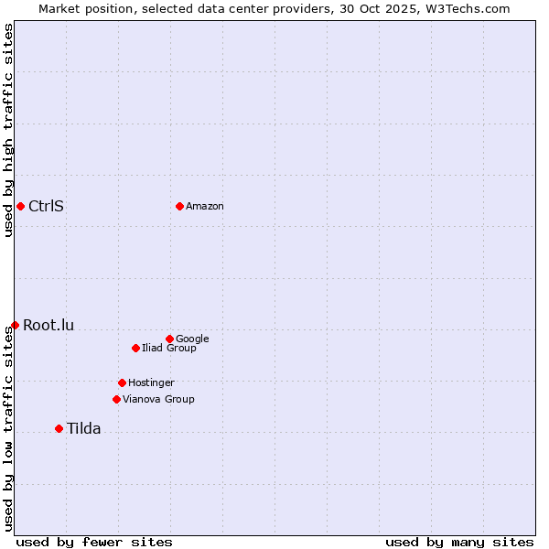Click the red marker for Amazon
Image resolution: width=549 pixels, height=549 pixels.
click(179, 206)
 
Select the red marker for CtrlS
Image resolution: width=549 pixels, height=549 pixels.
click(20, 206)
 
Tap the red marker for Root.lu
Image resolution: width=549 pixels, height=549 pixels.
click(15, 325)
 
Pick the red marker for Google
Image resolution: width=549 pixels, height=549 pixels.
click(169, 339)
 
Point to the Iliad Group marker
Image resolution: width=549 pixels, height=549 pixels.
click(135, 348)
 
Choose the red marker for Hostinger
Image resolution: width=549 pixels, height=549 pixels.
click(122, 382)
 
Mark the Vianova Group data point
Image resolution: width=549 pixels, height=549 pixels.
click(116, 399)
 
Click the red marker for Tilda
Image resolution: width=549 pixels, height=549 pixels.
click(59, 428)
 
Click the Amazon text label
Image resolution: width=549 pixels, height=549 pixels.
click(205, 207)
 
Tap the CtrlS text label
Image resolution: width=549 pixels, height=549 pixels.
click(46, 206)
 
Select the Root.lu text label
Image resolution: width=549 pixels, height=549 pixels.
click(48, 325)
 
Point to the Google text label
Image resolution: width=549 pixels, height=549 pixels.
click(192, 339)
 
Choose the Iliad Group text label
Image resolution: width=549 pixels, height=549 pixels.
click(169, 348)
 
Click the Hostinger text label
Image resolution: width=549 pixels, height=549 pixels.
click(151, 382)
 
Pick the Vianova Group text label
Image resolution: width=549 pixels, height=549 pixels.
click(158, 399)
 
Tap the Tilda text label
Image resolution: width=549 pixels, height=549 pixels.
click(83, 428)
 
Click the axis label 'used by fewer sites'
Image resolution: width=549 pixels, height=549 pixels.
click(94, 542)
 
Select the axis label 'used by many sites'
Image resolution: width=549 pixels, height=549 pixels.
click(459, 542)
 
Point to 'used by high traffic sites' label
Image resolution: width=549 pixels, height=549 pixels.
click(8, 130)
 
